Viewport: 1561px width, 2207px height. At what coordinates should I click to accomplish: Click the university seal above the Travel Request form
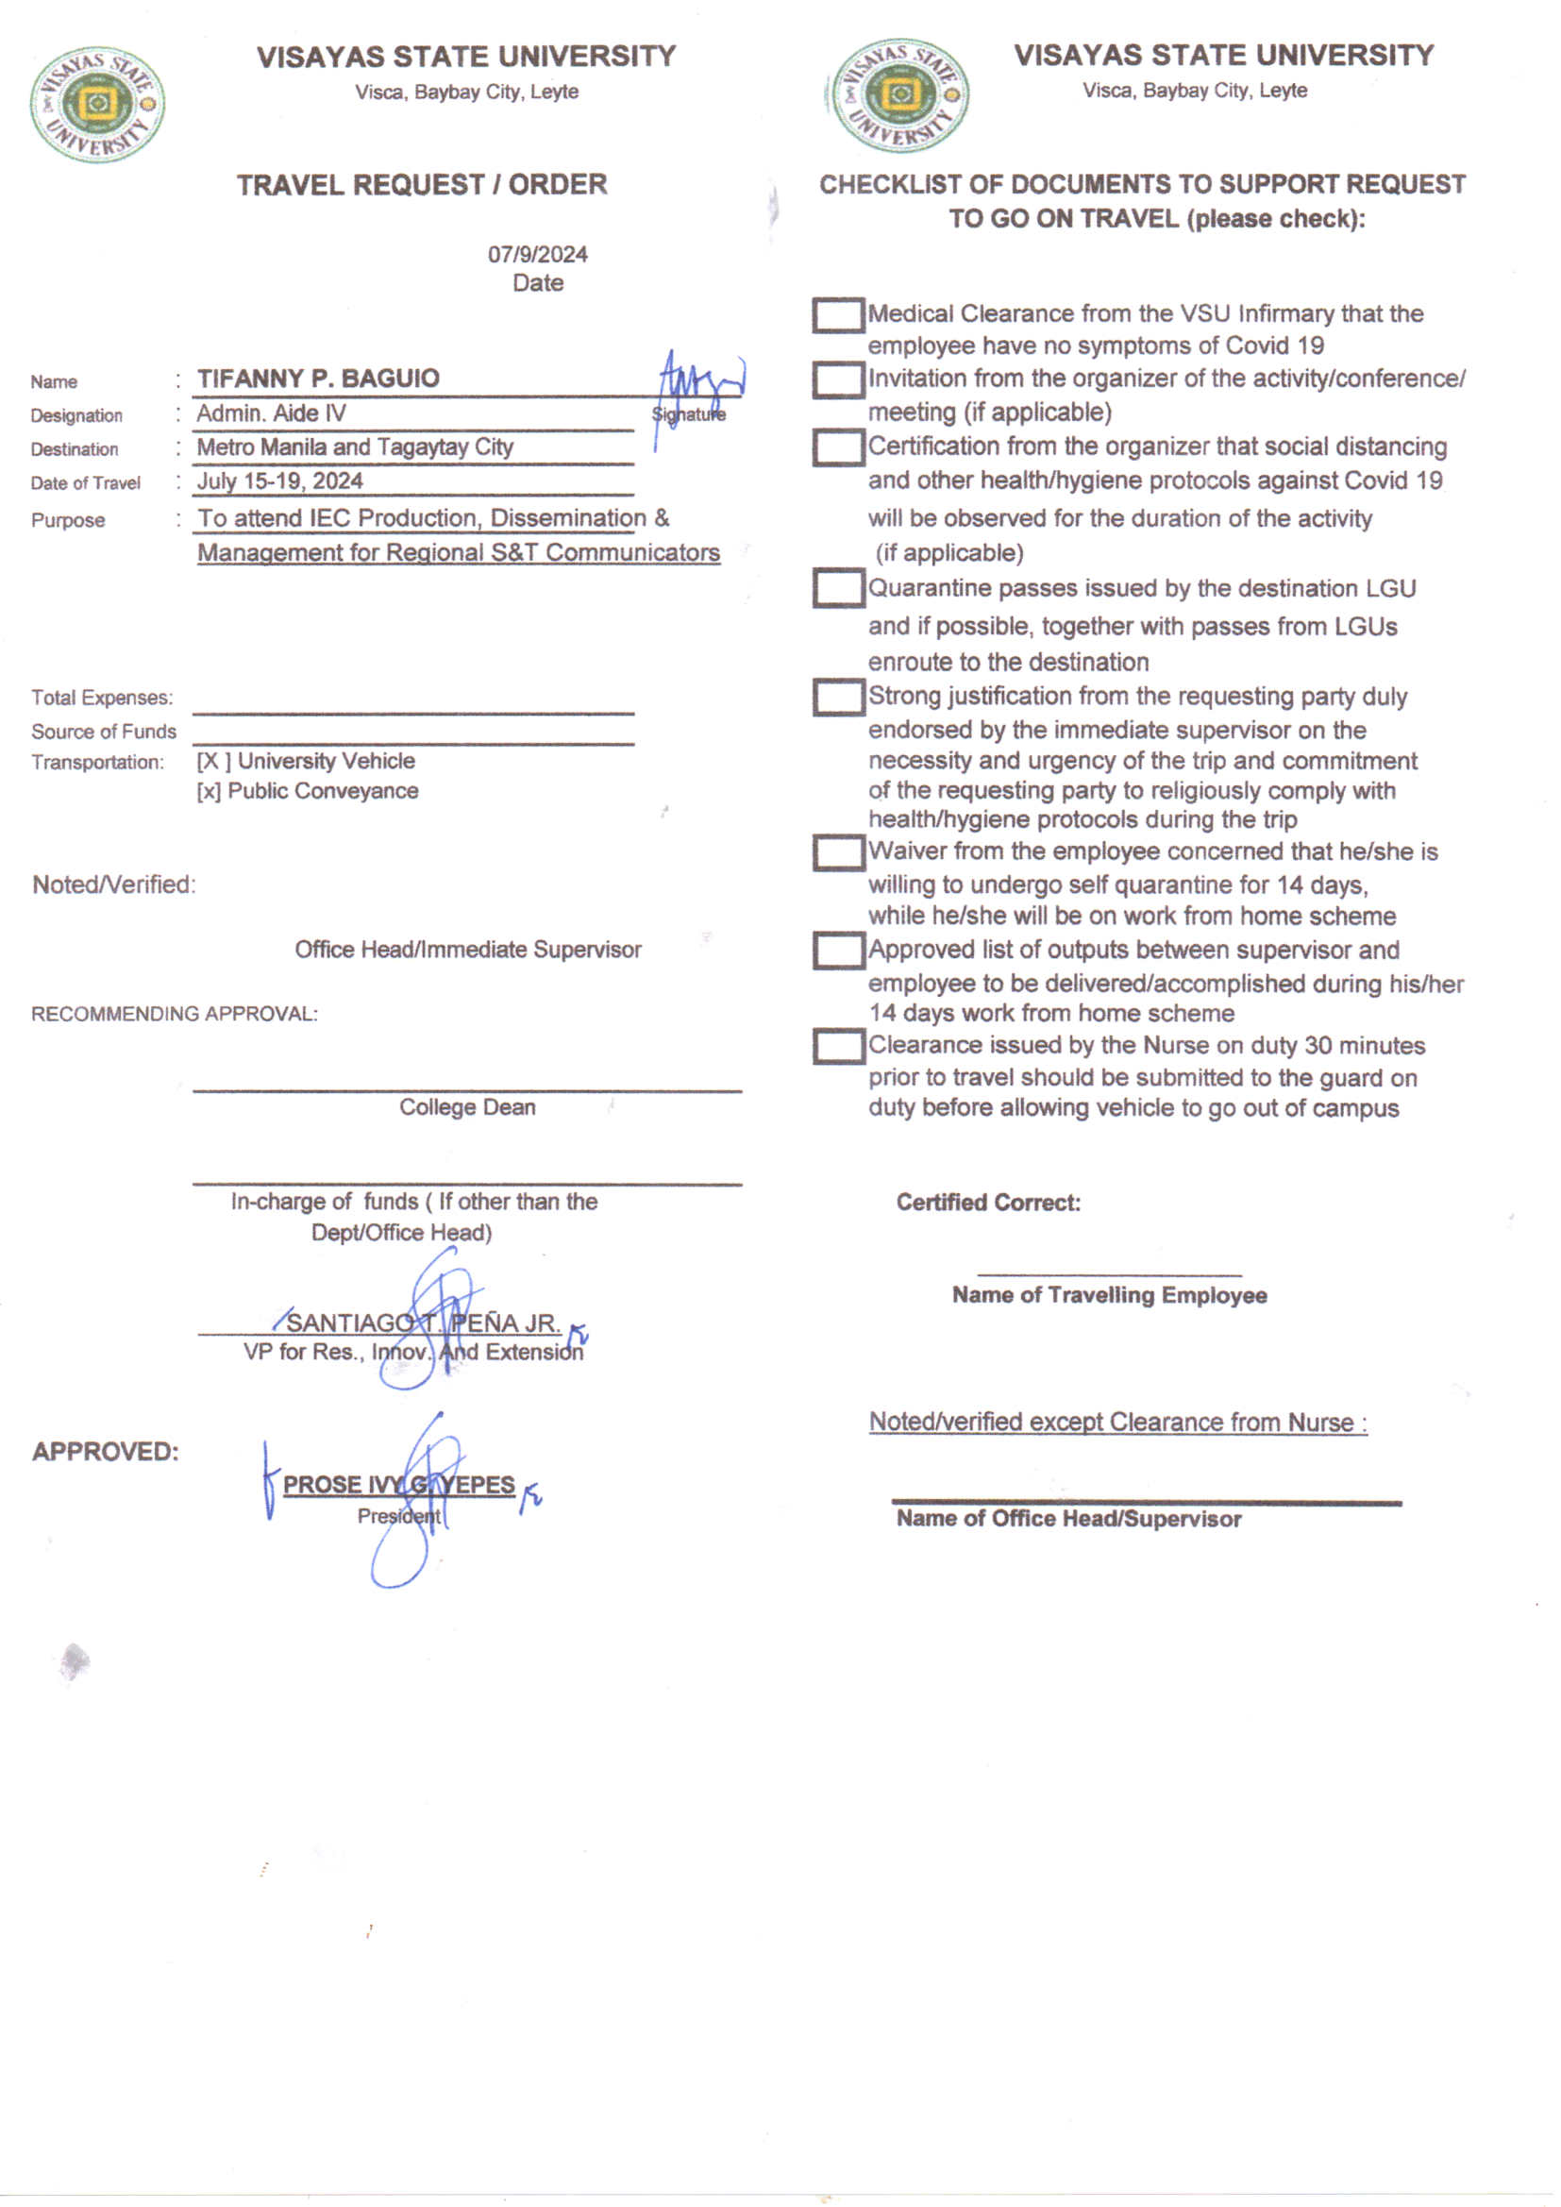[97, 104]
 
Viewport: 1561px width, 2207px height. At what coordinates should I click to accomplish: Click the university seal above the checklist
[899, 95]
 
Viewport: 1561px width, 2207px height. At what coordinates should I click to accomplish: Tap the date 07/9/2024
[537, 255]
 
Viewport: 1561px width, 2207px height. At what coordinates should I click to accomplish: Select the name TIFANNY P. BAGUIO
[318, 379]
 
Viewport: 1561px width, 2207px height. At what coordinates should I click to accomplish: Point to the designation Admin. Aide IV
[271, 413]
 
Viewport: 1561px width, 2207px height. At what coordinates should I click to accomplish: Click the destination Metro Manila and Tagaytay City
[355, 447]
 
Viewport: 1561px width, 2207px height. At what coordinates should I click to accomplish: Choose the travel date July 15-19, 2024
[279, 480]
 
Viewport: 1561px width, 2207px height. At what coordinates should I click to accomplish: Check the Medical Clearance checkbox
[837, 315]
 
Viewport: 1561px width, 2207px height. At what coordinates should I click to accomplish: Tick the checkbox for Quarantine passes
[837, 588]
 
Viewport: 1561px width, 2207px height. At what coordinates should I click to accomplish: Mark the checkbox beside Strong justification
[837, 697]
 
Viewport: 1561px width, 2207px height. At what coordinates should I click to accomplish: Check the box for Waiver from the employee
[837, 852]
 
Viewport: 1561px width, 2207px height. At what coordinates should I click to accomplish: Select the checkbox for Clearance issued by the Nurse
[837, 1047]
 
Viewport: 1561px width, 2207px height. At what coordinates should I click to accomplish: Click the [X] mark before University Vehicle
[212, 761]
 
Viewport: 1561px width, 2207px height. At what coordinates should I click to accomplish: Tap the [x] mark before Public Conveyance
[209, 791]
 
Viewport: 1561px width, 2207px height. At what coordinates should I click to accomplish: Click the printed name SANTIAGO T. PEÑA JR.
[423, 1323]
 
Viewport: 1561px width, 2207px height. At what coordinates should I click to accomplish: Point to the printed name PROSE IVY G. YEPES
[399, 1484]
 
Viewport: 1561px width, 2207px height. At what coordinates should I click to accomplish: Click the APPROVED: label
[106, 1452]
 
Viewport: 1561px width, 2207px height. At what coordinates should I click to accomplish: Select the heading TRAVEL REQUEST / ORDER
[422, 185]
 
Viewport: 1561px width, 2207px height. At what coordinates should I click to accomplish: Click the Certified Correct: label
[988, 1203]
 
